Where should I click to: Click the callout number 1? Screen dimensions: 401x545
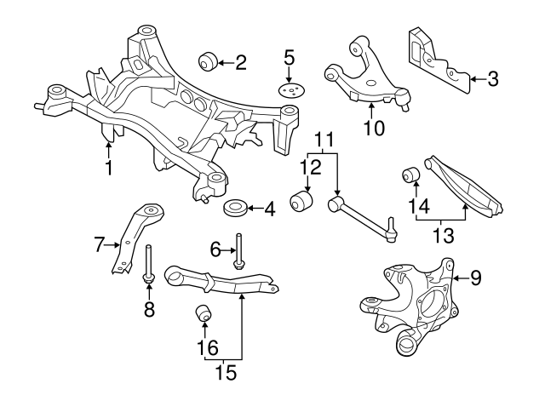point(109,168)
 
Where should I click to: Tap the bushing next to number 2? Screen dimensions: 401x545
point(206,61)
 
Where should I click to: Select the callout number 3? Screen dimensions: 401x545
point(493,79)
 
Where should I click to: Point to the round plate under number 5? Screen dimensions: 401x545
point(290,91)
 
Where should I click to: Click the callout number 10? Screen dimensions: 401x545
point(374,129)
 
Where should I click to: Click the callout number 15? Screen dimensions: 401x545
point(226,371)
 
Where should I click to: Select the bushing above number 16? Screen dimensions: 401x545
point(204,312)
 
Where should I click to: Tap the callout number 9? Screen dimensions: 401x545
point(476,276)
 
